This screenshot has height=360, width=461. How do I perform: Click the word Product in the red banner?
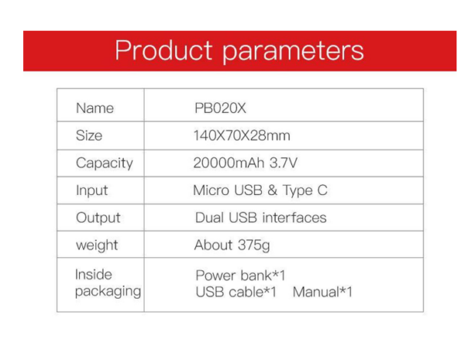click(x=164, y=50)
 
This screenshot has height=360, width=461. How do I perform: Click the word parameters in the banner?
click(x=294, y=51)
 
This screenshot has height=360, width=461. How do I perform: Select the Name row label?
click(x=95, y=108)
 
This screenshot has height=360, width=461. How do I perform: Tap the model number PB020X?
click(x=221, y=108)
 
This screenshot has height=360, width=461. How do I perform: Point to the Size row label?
click(x=89, y=136)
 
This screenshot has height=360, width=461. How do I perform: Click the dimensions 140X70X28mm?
click(x=242, y=136)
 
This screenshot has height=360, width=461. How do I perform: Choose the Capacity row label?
click(x=104, y=163)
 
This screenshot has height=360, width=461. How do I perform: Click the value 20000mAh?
click(x=229, y=163)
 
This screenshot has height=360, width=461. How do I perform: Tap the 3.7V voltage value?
click(x=284, y=163)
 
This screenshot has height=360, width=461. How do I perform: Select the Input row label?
click(x=91, y=190)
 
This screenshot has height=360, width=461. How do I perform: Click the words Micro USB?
click(x=228, y=190)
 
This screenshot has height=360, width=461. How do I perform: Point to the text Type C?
click(x=305, y=190)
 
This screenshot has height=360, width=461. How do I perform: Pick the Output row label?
click(x=98, y=218)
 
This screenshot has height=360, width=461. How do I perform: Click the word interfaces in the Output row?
click(x=294, y=218)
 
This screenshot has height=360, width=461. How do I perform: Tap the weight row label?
click(x=97, y=246)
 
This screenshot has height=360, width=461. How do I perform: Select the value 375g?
click(x=254, y=246)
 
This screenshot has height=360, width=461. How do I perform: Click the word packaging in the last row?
click(x=108, y=292)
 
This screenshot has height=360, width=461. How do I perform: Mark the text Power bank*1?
click(x=240, y=276)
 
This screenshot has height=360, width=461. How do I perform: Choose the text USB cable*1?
click(x=236, y=292)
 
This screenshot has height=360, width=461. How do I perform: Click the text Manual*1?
click(x=323, y=292)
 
